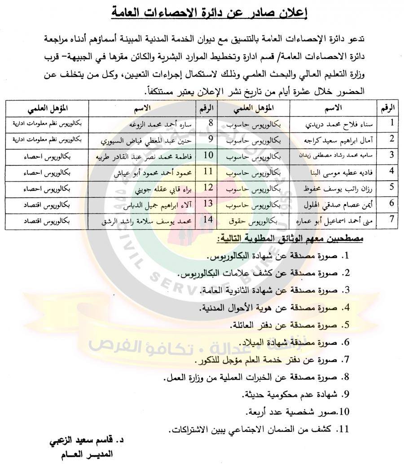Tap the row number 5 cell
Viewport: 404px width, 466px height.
(x=391, y=189)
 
